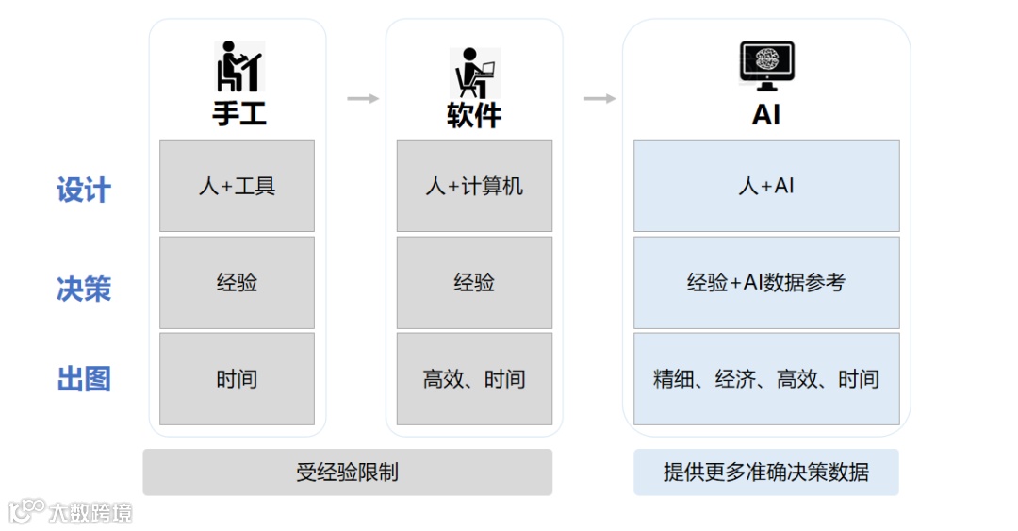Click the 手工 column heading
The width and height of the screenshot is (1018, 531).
pyautogui.click(x=238, y=114)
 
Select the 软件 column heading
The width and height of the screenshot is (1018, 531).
pyautogui.click(x=473, y=114)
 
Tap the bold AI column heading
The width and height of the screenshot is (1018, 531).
pyautogui.click(x=765, y=114)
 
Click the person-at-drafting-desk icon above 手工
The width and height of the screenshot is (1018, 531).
pyautogui.click(x=238, y=67)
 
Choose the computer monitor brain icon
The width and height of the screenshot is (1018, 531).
pyautogui.click(x=765, y=65)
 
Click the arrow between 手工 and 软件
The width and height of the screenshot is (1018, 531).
pyautogui.click(x=363, y=98)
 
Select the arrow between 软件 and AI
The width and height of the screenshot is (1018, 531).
pyautogui.click(x=599, y=98)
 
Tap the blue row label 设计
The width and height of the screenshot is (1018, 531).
pyautogui.click(x=84, y=190)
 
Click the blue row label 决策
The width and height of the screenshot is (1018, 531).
pyautogui.click(x=84, y=289)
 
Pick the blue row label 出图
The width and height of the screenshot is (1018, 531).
pyautogui.click(x=84, y=379)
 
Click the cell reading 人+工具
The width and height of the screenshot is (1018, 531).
pyautogui.click(x=237, y=186)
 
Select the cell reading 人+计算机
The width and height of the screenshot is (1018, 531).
pyautogui.click(x=473, y=186)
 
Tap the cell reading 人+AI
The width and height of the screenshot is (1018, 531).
pyautogui.click(x=765, y=186)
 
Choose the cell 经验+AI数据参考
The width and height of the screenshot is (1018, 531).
pyautogui.click(x=765, y=282)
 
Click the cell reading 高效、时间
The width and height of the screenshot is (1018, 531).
pyautogui.click(x=473, y=379)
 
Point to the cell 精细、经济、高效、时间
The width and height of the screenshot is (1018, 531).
pyautogui.click(x=765, y=379)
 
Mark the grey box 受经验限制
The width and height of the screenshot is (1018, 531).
pyautogui.click(x=347, y=472)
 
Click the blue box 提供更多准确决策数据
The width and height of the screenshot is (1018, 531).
pyautogui.click(x=765, y=472)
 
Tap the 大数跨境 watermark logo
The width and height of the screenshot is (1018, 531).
pyautogui.click(x=70, y=512)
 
